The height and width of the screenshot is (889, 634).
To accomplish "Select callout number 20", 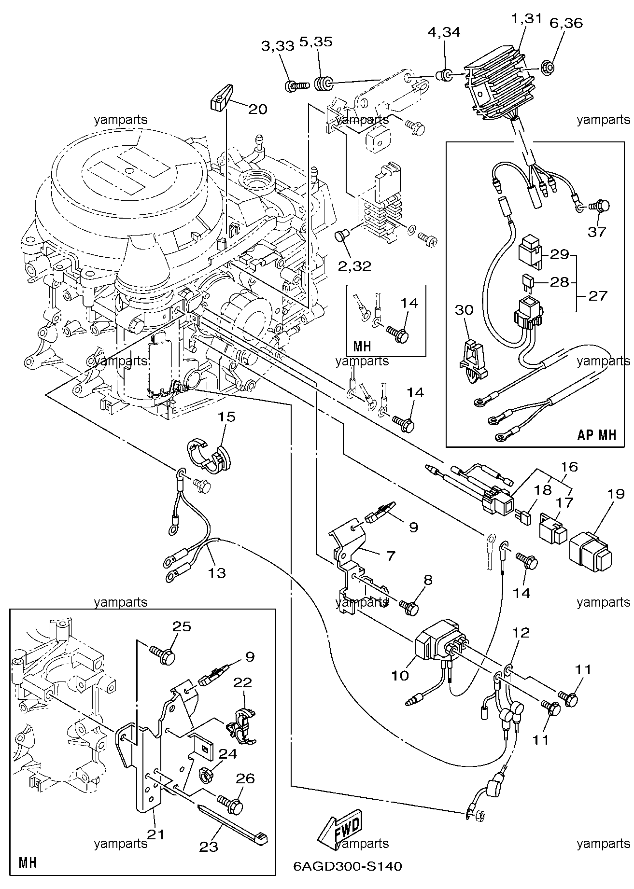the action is click(x=257, y=110).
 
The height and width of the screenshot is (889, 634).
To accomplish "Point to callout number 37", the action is click(x=596, y=232).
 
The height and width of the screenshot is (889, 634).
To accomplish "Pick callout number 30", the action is click(x=465, y=310).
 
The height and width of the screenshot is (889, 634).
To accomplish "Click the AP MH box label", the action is click(x=597, y=435).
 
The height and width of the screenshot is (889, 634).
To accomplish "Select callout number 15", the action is click(x=227, y=417).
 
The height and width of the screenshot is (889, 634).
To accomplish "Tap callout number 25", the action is click(x=182, y=626).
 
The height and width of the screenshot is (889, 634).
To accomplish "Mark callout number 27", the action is click(x=597, y=295).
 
